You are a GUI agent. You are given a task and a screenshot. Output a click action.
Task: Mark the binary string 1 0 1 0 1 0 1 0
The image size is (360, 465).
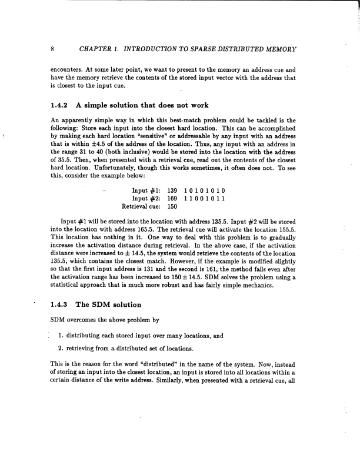[205, 191]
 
